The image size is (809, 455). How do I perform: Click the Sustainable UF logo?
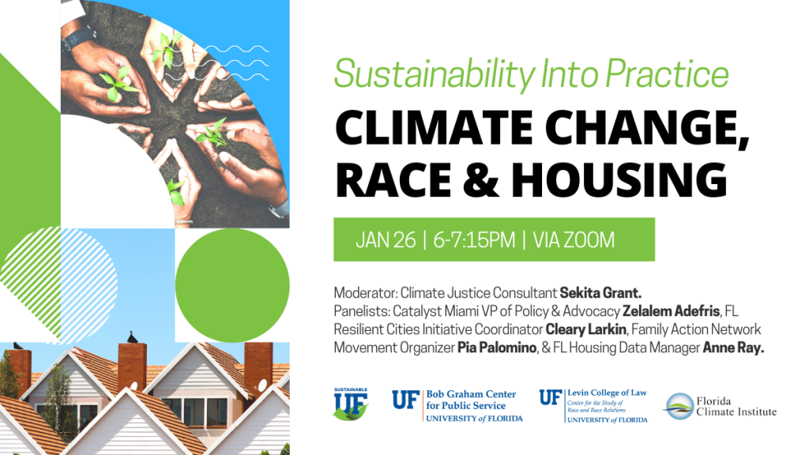(x=350, y=404)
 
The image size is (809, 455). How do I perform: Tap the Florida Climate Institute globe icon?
(x=678, y=407)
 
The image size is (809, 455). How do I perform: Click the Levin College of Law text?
(x=607, y=393)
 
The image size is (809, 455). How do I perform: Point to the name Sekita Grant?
(x=600, y=293)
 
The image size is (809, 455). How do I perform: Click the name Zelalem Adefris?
(x=671, y=311)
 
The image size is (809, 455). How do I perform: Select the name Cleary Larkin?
(x=585, y=329)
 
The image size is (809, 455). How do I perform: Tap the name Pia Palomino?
(x=497, y=348)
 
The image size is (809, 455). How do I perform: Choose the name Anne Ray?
(x=733, y=348)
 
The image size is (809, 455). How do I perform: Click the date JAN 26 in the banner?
(x=386, y=240)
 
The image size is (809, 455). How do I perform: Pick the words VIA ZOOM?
(x=574, y=240)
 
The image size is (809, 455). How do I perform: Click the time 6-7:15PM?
(x=474, y=240)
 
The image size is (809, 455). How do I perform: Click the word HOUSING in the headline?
(x=619, y=179)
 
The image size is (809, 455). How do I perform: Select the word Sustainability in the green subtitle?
(x=435, y=74)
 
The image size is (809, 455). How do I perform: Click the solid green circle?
(x=232, y=285)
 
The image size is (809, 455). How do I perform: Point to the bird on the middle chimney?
(x=133, y=337)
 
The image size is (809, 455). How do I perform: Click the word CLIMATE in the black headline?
(x=434, y=127)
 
